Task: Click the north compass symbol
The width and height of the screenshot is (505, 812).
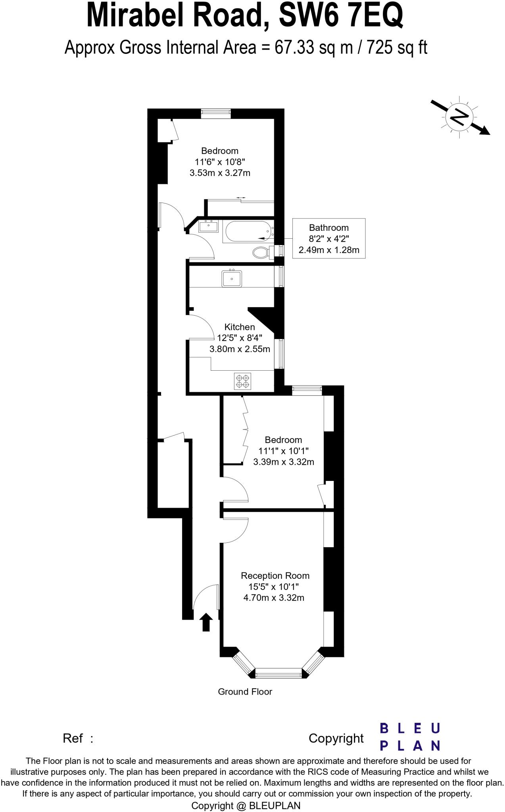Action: (460, 117)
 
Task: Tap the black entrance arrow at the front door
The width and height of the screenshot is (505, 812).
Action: (205, 622)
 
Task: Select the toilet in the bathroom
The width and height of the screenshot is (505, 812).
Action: (261, 252)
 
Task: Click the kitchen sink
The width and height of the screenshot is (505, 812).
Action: (232, 278)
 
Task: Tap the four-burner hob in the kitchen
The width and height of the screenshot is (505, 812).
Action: (242, 381)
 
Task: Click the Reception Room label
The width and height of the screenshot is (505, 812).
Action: (275, 575)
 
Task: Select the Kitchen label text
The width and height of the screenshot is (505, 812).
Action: (240, 327)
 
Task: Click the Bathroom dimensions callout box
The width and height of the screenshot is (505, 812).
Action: (328, 238)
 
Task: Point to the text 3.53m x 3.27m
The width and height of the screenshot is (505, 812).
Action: (220, 173)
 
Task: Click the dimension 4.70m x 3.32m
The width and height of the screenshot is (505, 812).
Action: (273, 598)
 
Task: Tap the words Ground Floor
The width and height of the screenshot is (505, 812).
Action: (245, 691)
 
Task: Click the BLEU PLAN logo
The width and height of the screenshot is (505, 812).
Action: (410, 737)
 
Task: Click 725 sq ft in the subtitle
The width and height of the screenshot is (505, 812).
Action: (397, 48)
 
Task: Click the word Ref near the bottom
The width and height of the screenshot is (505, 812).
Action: (73, 738)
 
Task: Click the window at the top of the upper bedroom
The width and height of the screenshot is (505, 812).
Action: (215, 113)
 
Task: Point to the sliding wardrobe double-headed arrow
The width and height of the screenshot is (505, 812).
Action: (240, 197)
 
